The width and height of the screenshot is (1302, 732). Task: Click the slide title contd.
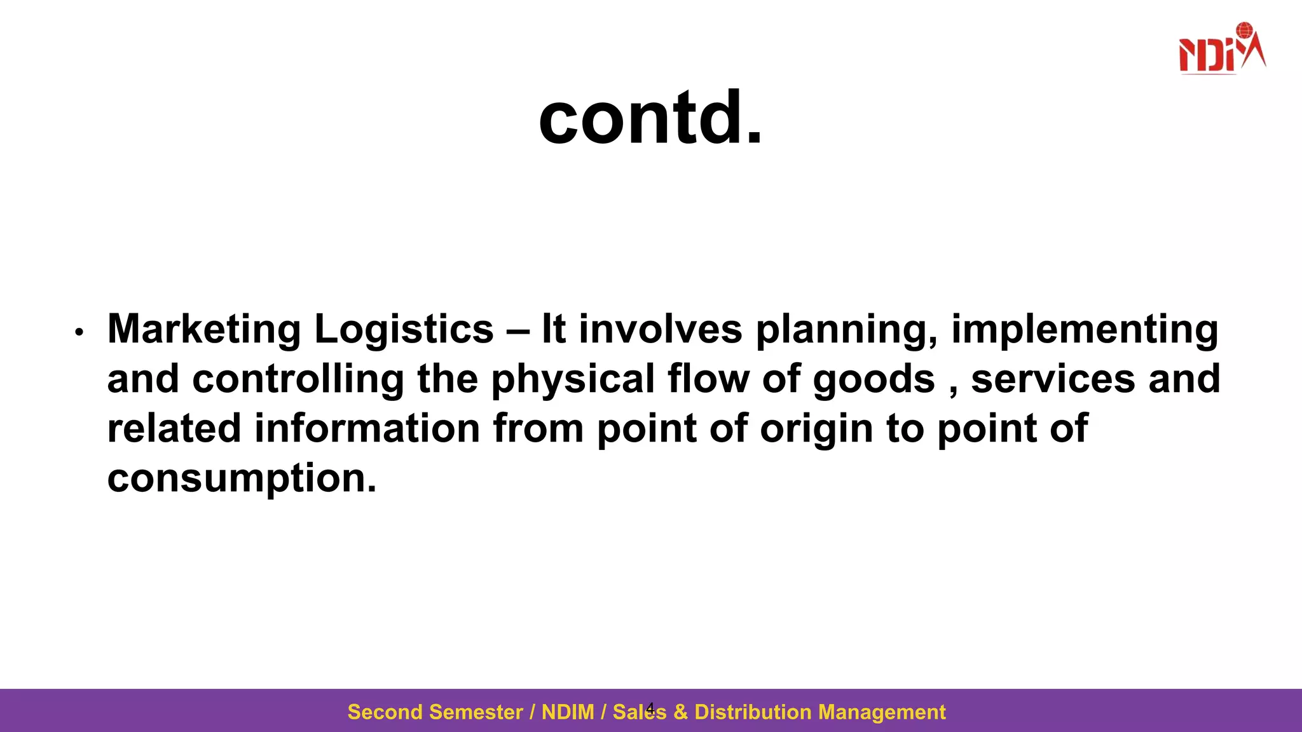(650, 118)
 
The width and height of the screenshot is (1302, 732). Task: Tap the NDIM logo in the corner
(1221, 50)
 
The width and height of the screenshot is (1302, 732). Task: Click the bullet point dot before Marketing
(79, 332)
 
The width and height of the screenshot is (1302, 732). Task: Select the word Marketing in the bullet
(204, 330)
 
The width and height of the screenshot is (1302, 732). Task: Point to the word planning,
(846, 330)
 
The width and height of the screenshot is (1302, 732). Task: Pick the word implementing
(1084, 330)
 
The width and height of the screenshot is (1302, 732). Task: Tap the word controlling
(298, 379)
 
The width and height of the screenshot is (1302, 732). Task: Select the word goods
(874, 379)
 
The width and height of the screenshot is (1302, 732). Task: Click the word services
(1053, 379)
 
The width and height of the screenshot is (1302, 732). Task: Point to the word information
(367, 428)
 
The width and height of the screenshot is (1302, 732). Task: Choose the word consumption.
(242, 478)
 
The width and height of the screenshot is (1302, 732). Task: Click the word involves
(659, 330)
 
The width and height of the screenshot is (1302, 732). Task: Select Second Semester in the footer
(435, 712)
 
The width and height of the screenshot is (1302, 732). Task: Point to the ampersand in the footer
(680, 712)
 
